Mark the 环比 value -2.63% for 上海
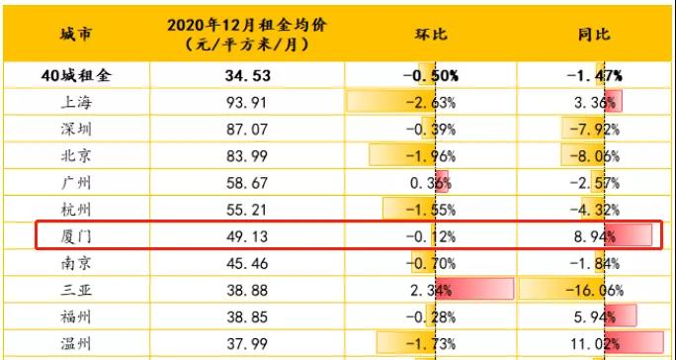pos(429,102)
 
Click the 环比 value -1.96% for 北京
pos(429,156)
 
